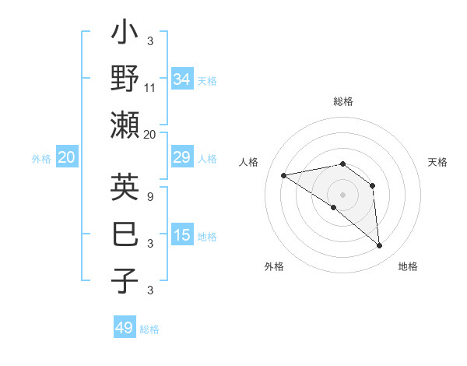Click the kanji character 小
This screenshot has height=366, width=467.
coord(125,34)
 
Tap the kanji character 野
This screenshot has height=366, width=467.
coord(125,79)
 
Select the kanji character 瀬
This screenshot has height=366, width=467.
coord(125,125)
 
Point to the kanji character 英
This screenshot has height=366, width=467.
coord(125,188)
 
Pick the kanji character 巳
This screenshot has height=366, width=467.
coord(125,234)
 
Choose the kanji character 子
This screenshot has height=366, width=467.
coord(125,280)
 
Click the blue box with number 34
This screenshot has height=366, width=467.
coord(182,79)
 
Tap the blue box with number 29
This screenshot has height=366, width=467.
coord(182,158)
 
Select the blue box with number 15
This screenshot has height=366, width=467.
coord(182,235)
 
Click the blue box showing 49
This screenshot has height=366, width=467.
coord(125,328)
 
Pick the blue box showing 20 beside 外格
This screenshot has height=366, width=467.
coord(67,158)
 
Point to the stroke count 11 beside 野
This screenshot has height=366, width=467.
coord(150,88)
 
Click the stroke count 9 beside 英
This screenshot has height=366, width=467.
coord(149,197)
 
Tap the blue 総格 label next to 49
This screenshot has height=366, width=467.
coord(149,329)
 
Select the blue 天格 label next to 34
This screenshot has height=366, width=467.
coord(207,81)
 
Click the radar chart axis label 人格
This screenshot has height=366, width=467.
coord(249,162)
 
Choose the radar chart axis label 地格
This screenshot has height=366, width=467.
coord(408,266)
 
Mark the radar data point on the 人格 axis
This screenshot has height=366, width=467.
coord(284,175)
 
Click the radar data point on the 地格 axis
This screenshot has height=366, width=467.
coord(380,246)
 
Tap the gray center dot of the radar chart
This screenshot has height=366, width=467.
coord(342,194)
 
